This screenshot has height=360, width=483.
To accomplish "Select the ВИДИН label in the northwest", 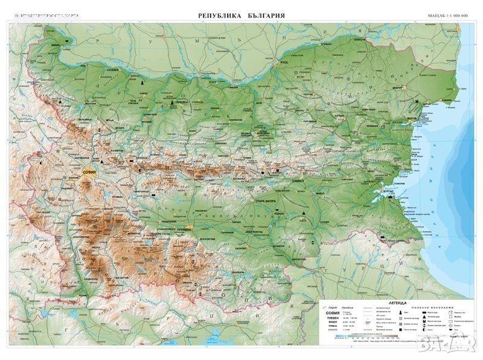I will (x=55, y=46).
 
